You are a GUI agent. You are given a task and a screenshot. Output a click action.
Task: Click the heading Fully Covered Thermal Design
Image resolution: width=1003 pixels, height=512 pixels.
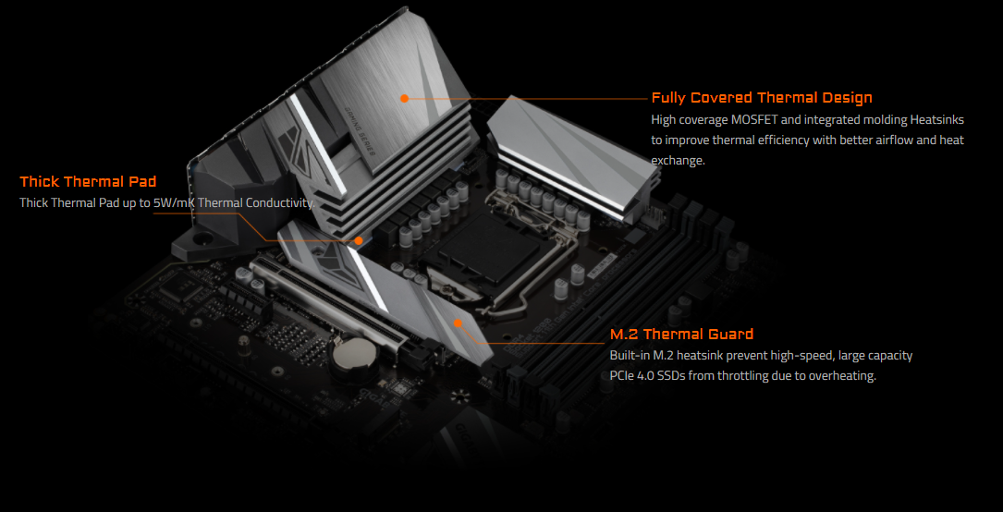point(761,98)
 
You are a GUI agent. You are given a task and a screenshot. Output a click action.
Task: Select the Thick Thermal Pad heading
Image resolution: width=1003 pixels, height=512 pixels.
point(88,182)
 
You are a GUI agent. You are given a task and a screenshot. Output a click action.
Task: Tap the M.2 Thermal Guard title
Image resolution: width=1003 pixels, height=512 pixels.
point(681,335)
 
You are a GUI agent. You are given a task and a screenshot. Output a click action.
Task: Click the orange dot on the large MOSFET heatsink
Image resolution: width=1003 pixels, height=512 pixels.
point(404,97)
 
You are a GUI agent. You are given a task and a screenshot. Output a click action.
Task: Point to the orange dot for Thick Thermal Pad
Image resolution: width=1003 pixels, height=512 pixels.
point(358,240)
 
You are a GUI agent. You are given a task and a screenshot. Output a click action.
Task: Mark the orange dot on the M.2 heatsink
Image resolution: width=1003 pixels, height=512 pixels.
point(457,323)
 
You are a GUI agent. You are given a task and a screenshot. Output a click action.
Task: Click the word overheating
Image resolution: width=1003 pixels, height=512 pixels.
point(840,376)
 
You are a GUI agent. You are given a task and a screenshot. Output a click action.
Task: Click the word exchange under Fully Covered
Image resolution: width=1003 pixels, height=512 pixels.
point(678,161)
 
